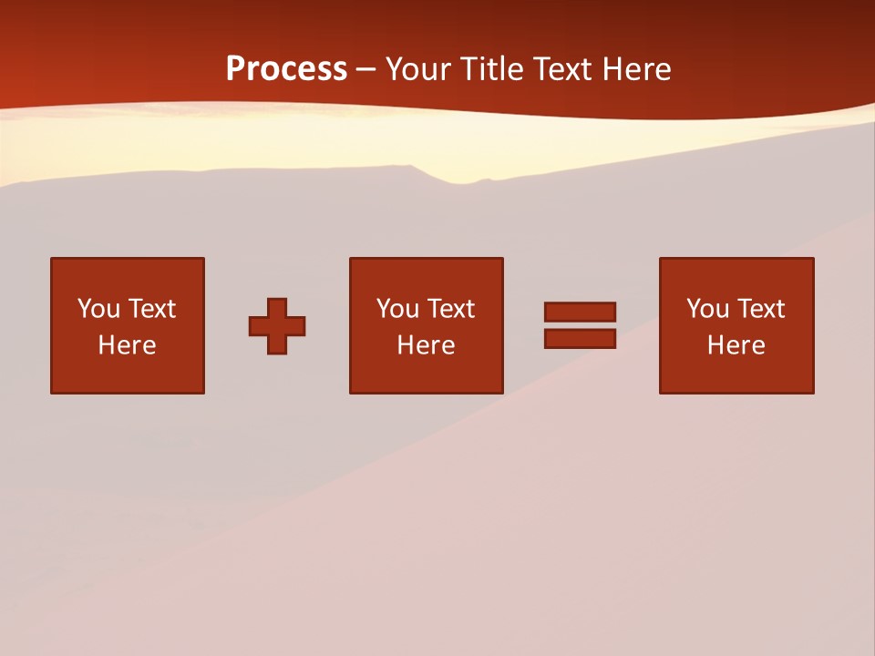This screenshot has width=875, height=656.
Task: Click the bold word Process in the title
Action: pos(286,69)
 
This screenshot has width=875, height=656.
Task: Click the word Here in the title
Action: pos(639,69)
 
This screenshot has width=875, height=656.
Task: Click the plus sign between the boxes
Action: pos(277,326)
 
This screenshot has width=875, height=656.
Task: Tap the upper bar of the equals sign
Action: pos(580,312)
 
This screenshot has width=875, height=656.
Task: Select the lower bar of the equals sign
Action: pos(580,338)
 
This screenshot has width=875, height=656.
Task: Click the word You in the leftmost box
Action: pos(98,309)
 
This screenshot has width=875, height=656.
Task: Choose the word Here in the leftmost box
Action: pos(127,345)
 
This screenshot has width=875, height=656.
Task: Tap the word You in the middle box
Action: pos(397,309)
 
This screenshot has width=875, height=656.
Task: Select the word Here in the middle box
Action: pos(426,345)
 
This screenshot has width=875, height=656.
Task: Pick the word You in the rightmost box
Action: pos(707,309)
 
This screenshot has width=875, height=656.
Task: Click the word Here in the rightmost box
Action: pos(736,345)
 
